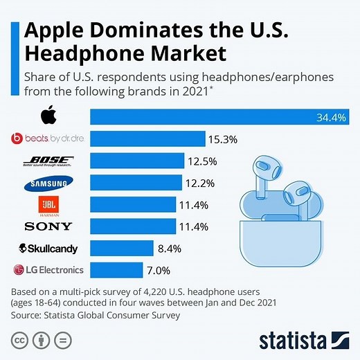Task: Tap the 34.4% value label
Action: (x=331, y=117)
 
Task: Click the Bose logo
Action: (x=48, y=161)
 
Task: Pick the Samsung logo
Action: (x=48, y=183)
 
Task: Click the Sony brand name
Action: (x=48, y=226)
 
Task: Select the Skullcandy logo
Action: (x=48, y=249)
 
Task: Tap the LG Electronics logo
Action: (x=48, y=270)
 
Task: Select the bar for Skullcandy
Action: (x=122, y=249)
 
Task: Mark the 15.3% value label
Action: (x=223, y=139)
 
